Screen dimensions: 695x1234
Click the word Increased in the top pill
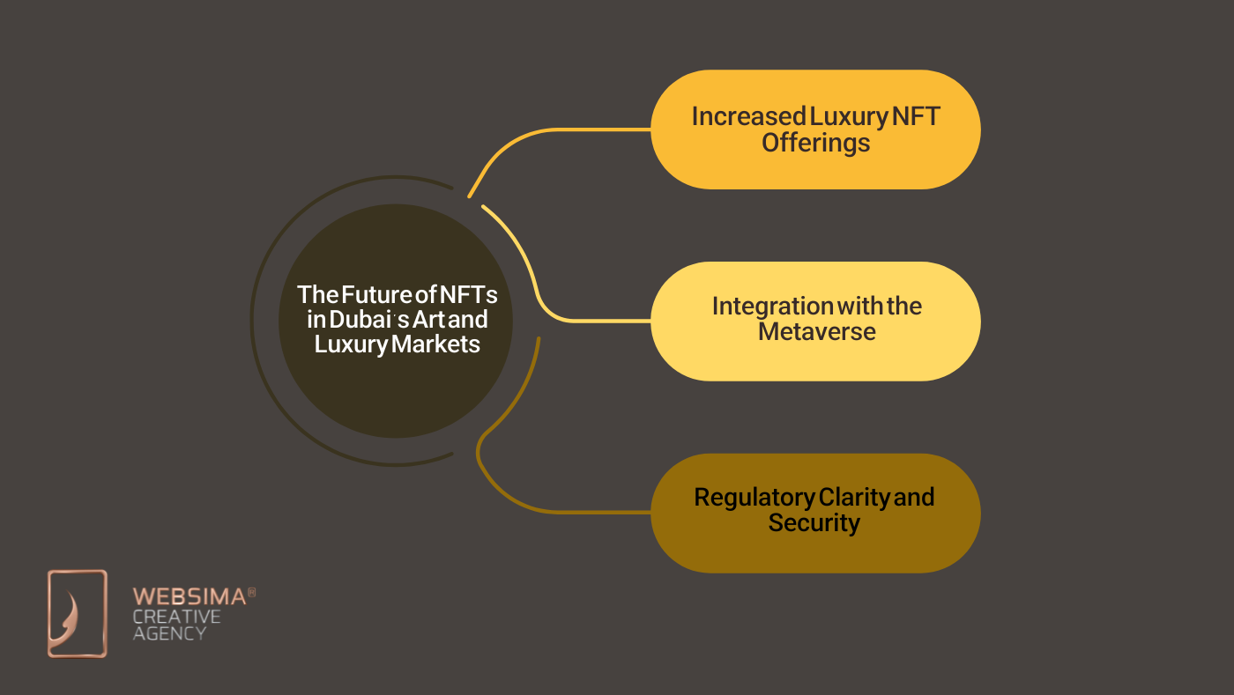748,116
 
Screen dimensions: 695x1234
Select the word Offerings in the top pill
815,143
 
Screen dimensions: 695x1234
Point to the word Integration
772,306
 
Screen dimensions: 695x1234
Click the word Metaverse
816,332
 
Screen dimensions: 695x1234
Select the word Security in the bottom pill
814,523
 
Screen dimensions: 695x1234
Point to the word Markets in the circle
436,344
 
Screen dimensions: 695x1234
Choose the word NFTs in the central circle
468,294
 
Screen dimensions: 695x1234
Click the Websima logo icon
77,613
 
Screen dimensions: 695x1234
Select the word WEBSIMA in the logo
189,596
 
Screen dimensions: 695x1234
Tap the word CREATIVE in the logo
176,616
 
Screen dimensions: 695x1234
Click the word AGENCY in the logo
169,632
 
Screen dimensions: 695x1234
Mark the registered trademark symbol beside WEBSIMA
251,593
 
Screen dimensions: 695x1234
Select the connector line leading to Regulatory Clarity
546,509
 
